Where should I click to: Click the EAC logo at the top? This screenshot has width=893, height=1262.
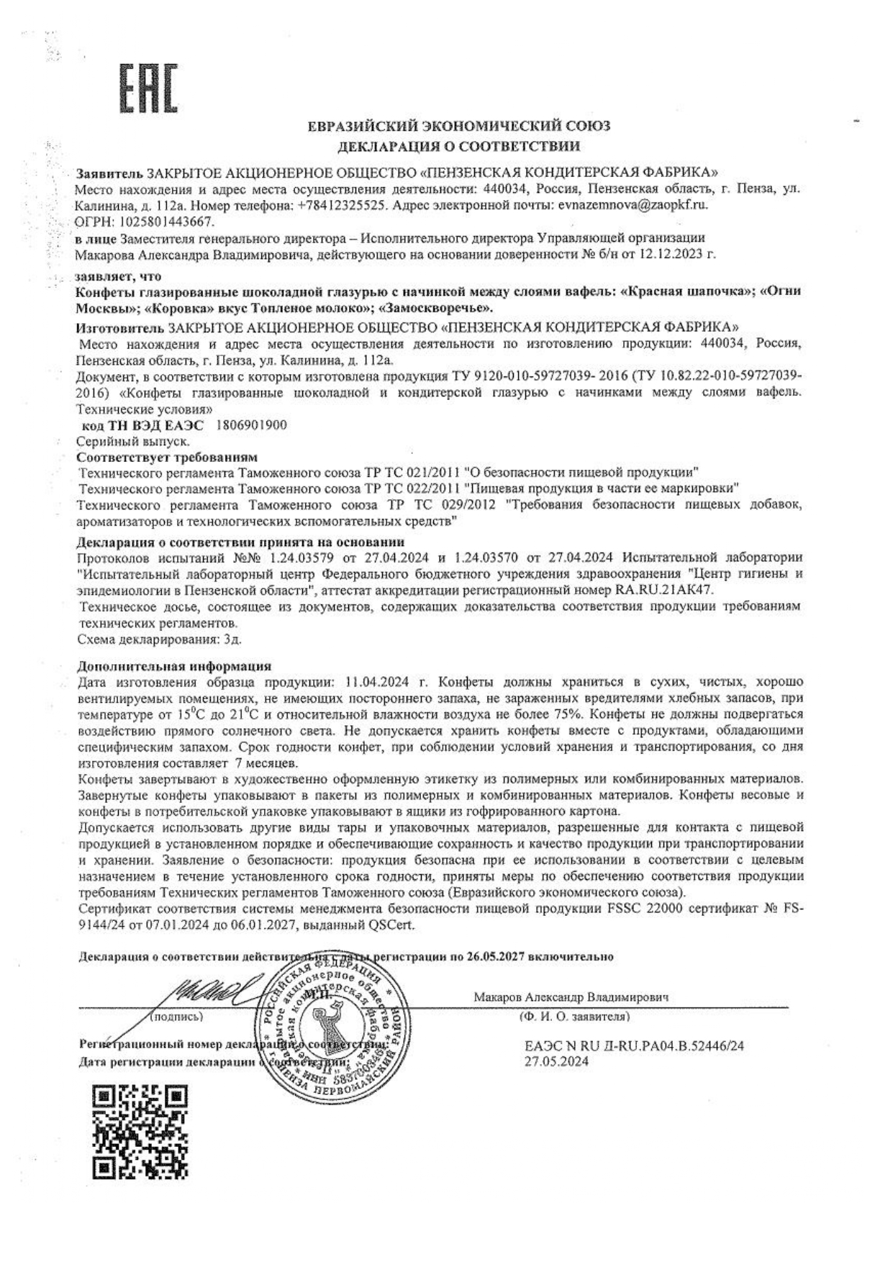(148, 88)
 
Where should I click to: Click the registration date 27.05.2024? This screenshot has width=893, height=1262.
(557, 1061)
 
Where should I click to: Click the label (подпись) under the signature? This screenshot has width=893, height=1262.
(177, 1017)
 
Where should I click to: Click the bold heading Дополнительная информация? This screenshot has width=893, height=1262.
(174, 666)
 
